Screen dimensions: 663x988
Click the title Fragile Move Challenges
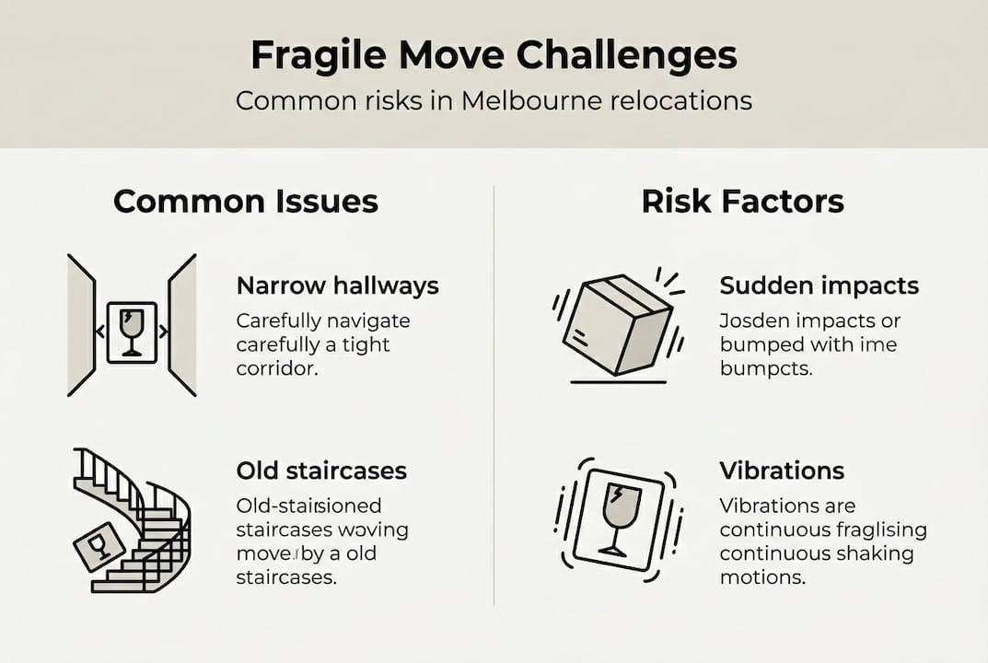pos(494,56)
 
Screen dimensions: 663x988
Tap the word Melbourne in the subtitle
pos(533,100)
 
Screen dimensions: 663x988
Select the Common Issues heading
pos(246,202)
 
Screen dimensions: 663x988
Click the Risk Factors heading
pos(742,202)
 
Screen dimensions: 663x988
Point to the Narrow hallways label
pos(337,285)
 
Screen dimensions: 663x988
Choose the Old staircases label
pos(321,471)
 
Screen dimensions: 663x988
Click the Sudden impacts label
pos(819,285)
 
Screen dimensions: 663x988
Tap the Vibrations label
pos(782,471)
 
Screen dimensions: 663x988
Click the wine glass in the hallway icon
pos(132,330)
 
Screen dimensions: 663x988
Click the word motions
pos(762,578)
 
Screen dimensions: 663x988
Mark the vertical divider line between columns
pos(494,396)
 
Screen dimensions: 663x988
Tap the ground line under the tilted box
pos(618,382)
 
